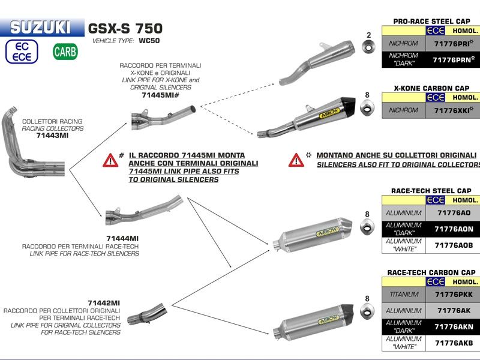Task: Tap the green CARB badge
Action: pos(65,52)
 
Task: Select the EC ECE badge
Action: pos(22,52)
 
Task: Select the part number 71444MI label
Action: pos(122,238)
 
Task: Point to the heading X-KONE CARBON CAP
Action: pos(431,88)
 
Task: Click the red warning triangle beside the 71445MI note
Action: pos(110,160)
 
